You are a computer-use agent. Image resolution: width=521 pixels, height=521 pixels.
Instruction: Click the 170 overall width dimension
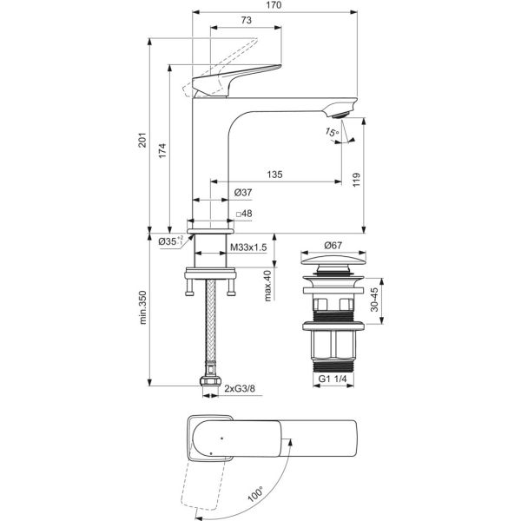click(x=274, y=5)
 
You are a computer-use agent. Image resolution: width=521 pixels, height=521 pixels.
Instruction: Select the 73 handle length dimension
click(x=246, y=20)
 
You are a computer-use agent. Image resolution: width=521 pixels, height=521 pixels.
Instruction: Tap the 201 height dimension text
click(x=142, y=140)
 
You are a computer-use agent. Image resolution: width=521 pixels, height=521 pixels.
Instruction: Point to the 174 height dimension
click(x=162, y=151)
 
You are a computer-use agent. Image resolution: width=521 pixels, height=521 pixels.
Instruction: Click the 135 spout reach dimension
click(x=274, y=175)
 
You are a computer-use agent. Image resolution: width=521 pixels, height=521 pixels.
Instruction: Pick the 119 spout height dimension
click(x=357, y=180)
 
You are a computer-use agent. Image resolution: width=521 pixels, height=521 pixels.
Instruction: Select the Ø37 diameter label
click(x=243, y=193)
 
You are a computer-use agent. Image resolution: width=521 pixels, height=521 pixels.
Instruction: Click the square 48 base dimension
click(x=244, y=214)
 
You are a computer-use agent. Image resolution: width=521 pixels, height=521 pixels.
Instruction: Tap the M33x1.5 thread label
click(x=248, y=247)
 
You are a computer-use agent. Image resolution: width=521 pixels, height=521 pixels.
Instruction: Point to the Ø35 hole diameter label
click(x=171, y=241)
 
